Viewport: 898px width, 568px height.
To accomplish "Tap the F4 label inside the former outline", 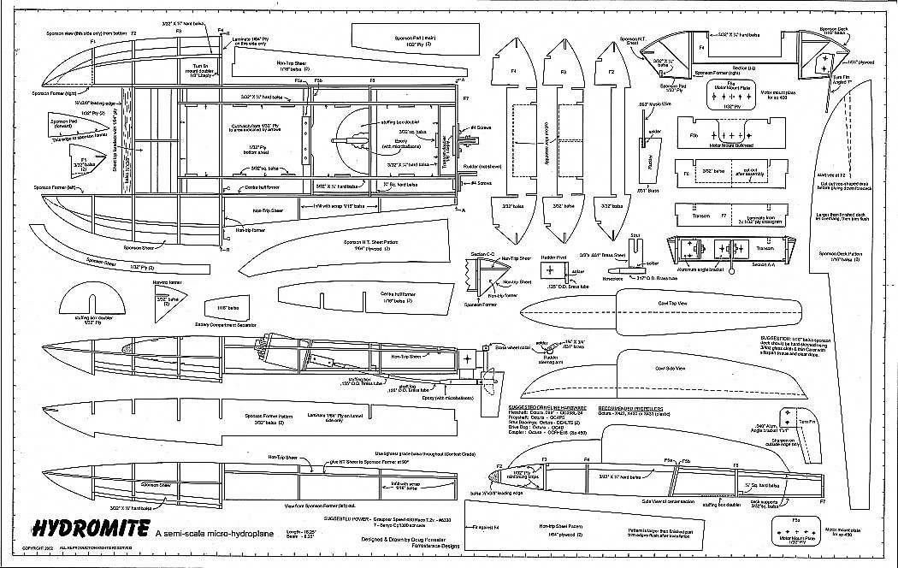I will tap(514, 72).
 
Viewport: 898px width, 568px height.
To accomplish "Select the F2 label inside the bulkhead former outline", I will tap(611, 72).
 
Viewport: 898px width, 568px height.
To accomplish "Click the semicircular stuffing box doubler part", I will tap(90, 299).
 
